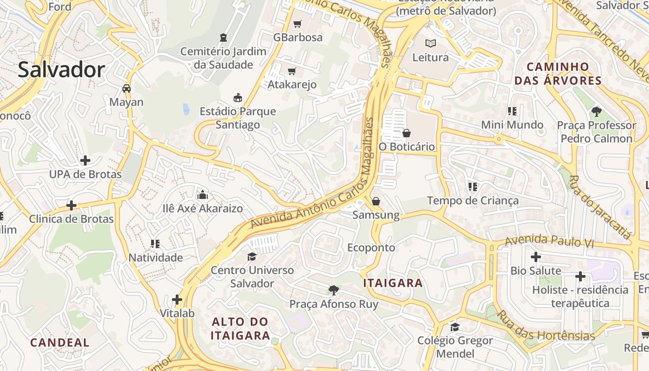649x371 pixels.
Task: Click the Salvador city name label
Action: click(x=61, y=70)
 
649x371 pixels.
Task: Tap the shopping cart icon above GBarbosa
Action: click(x=298, y=24)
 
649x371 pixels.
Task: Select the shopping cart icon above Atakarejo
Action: click(x=292, y=71)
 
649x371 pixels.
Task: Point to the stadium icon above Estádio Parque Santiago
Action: click(x=238, y=97)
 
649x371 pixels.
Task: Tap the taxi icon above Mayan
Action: click(x=126, y=88)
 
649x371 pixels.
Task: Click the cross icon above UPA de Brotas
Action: click(x=85, y=160)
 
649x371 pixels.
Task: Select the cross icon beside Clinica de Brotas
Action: click(x=71, y=205)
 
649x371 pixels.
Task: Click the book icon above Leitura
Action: click(x=431, y=44)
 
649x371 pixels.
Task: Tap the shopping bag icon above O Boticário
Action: click(x=407, y=133)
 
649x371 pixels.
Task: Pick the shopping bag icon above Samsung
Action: click(x=376, y=201)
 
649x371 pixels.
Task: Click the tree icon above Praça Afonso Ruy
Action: click(x=333, y=290)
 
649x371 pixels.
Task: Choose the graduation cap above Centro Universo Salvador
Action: click(x=252, y=256)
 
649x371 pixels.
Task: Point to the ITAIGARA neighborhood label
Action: click(x=393, y=283)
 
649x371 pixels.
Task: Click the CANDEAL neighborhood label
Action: click(x=59, y=343)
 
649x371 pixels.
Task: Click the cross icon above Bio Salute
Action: click(x=536, y=257)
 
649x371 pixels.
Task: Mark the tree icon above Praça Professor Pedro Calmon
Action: click(x=596, y=111)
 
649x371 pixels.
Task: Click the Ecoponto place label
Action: click(x=371, y=248)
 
